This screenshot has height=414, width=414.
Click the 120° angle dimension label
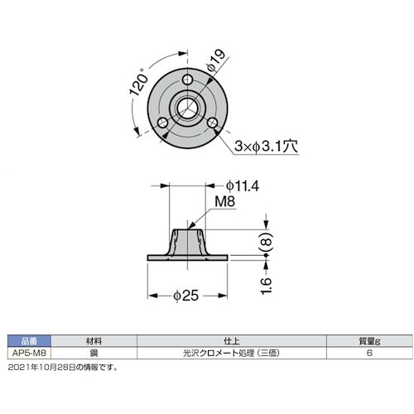[140, 82]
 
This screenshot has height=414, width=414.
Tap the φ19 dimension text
[216, 61]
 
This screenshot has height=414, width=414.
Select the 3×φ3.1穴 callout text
[266, 146]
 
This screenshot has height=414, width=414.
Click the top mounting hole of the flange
[188, 79]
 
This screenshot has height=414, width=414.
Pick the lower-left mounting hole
[163, 123]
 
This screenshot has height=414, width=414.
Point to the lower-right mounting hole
[213, 123]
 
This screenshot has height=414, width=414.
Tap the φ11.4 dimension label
[243, 186]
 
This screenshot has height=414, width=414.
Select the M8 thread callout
[225, 201]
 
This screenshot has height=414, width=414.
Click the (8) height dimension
[267, 242]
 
